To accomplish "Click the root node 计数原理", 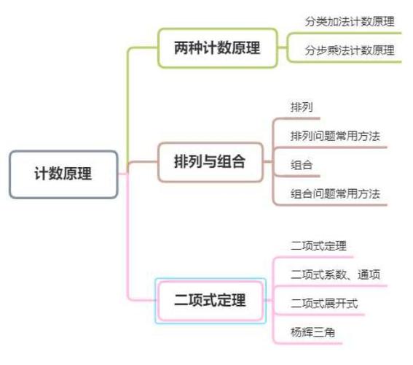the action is click(63, 174).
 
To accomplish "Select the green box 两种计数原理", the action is click(217, 48).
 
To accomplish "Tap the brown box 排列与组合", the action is click(211, 162).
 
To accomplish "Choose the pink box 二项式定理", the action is click(211, 301).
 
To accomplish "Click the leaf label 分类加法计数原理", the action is click(350, 22).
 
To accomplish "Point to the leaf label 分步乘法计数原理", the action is click(350, 50).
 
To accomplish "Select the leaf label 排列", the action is click(302, 107).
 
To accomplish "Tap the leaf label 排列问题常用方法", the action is click(335, 137).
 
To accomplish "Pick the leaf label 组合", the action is click(302, 165).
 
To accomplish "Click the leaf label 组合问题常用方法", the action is click(335, 194).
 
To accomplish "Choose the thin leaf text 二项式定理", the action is click(318, 246).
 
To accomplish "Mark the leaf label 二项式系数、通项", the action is click(335, 274).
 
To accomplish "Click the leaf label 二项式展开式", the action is click(324, 304).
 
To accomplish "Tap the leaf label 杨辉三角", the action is click(312, 332).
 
